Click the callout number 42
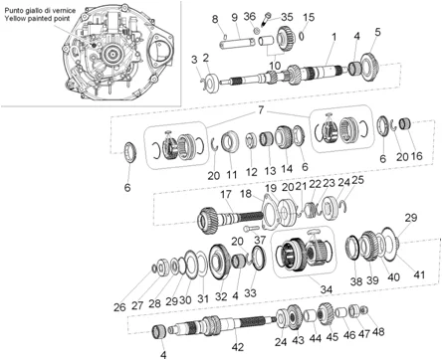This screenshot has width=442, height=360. (238, 347)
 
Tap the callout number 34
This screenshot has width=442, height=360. (327, 289)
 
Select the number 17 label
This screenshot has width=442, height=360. (226, 194)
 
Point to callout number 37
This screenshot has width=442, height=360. (261, 240)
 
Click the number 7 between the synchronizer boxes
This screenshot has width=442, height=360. (261, 109)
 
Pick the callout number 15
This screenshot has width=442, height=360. (309, 17)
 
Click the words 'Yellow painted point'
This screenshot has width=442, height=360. (37, 19)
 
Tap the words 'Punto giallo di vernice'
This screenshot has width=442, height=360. (40, 11)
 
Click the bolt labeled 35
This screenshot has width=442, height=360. (267, 19)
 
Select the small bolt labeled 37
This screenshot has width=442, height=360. (251, 229)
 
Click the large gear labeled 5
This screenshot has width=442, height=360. (370, 67)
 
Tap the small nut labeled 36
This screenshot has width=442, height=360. (257, 31)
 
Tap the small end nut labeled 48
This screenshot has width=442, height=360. (364, 310)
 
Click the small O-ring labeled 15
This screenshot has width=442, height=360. (302, 36)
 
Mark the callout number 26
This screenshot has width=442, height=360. (119, 307)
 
